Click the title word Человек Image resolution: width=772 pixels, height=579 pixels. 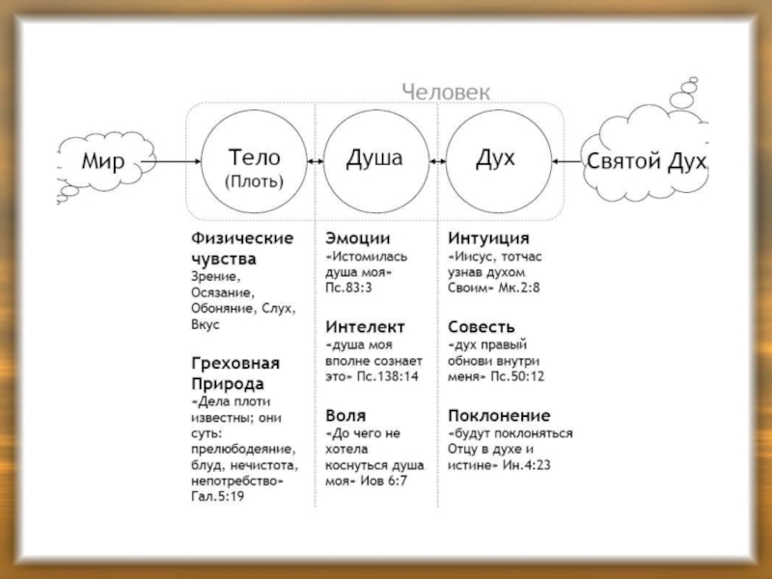click(x=446, y=92)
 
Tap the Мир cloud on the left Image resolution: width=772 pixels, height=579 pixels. click(x=100, y=162)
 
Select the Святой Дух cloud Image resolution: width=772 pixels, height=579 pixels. click(x=648, y=161)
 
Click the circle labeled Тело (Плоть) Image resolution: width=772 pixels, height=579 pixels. click(x=254, y=162)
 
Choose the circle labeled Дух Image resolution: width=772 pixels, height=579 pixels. click(x=496, y=162)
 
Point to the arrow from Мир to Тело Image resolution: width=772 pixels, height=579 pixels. click(x=176, y=162)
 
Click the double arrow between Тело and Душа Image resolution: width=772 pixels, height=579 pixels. click(x=315, y=162)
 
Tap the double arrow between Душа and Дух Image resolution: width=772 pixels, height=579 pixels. click(x=436, y=162)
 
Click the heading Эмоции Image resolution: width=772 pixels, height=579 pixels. click(x=358, y=237)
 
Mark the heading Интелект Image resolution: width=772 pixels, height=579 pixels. click(x=366, y=326)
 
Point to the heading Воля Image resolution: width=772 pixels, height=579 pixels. click(x=346, y=414)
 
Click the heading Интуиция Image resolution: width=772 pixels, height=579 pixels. click(x=489, y=237)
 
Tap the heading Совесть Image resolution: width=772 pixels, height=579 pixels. click(x=482, y=326)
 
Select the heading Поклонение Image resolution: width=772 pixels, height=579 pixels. click(x=500, y=414)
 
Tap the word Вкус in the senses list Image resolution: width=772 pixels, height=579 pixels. click(x=206, y=325)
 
